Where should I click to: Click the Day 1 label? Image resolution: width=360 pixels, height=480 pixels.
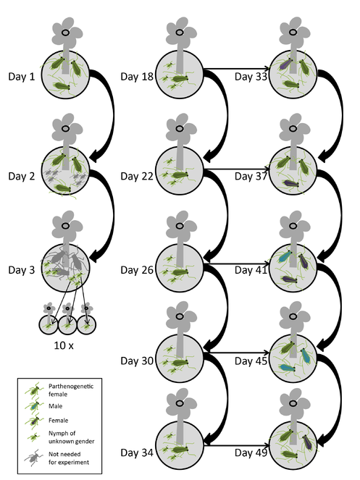coord(22,76)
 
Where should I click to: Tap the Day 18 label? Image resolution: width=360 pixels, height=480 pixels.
coord(137,76)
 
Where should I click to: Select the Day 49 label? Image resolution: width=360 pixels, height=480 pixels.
coord(251,452)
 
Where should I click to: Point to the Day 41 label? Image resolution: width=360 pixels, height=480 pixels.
coord(251,270)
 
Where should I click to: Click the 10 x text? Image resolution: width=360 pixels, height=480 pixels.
coord(64,345)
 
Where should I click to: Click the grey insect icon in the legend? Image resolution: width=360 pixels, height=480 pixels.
coord(34,458)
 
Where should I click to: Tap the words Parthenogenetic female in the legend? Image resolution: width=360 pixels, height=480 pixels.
coord(71,390)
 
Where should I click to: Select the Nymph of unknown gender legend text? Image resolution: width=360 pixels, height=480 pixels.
coord(72,437)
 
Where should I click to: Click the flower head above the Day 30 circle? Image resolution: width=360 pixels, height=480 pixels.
coord(180,316)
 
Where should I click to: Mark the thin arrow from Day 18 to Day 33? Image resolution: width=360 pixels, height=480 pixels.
coord(237,69)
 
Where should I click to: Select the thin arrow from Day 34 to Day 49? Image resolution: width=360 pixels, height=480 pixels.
coord(237,445)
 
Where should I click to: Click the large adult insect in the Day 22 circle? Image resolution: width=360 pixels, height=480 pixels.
coord(180,174)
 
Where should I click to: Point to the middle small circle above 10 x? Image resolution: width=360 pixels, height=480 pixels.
coord(67,324)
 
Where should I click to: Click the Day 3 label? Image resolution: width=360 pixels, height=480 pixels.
coord(22,270)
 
